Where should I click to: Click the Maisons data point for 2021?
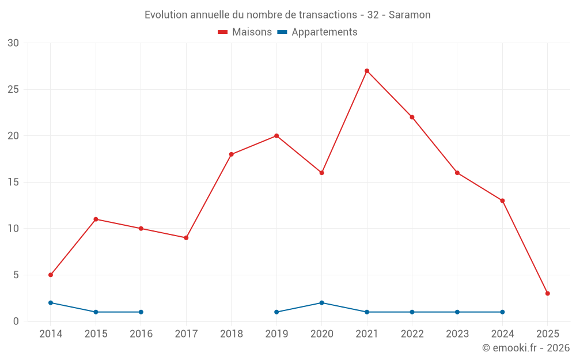click(367, 71)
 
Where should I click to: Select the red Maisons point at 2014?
click(51, 275)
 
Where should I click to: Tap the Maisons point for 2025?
click(547, 293)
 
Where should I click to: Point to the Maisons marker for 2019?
click(276, 136)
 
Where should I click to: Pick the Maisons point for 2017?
click(186, 238)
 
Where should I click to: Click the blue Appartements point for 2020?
click(321, 302)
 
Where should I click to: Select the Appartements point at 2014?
click(51, 302)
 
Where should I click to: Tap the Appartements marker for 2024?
click(502, 312)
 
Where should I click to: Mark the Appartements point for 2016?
click(141, 312)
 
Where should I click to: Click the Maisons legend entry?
click(245, 32)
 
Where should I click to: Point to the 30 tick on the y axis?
click(13, 43)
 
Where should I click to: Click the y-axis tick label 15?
click(13, 182)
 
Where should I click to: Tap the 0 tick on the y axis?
click(16, 321)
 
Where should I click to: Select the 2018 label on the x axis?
click(232, 334)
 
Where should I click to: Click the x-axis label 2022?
click(412, 334)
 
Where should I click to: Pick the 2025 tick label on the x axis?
click(547, 334)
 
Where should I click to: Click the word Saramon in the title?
click(410, 15)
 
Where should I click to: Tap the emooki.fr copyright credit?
click(526, 348)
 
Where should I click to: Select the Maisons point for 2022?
click(412, 117)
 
